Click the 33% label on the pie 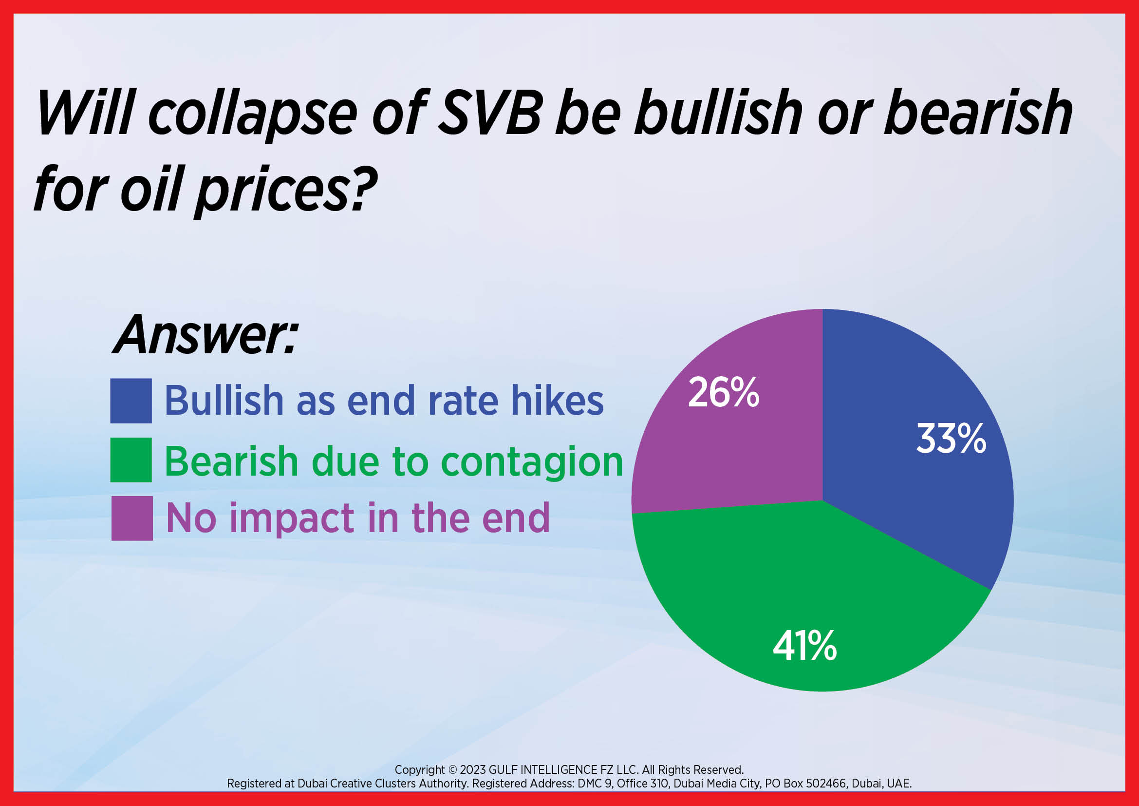951,439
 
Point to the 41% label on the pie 804,646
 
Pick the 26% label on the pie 724,392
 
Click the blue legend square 131,401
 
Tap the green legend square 131,460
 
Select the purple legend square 132,518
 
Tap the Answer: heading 205,335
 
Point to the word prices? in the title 287,191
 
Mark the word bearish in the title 978,113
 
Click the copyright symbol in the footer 452,770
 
